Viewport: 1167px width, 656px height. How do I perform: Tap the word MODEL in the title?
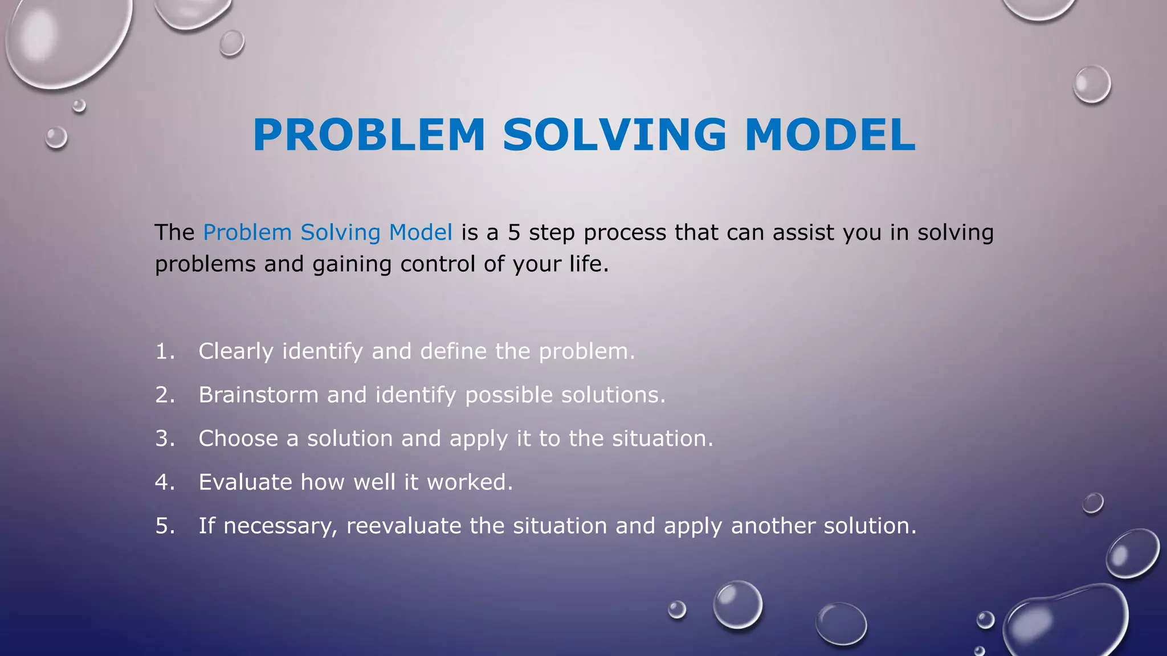(830, 135)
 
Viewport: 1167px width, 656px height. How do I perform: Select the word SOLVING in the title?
(614, 135)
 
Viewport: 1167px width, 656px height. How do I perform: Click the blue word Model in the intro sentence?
(421, 232)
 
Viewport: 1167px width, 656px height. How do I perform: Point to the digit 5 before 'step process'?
(514, 232)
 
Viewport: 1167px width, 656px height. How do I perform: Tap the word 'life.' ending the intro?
(589, 264)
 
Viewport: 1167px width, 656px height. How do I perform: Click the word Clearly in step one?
(236, 351)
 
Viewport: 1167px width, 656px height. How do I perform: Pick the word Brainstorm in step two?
(258, 395)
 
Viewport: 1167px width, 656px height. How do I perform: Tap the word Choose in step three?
(238, 438)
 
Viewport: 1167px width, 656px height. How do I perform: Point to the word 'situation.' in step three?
(662, 438)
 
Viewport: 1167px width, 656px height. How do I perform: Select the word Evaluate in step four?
(245, 482)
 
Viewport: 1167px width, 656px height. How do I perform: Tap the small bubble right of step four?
(1092, 503)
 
